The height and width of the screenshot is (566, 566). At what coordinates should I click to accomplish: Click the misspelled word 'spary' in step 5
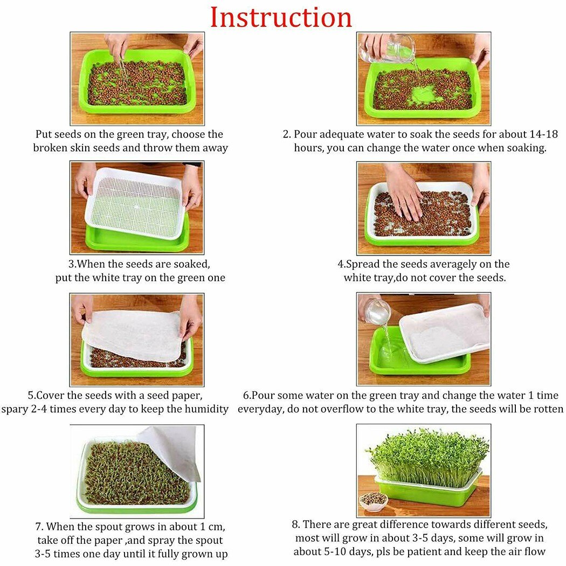tap(15, 409)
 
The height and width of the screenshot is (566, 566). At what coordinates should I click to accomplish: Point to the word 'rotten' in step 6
tap(546, 409)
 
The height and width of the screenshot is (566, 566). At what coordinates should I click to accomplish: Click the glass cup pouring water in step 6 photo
tap(378, 313)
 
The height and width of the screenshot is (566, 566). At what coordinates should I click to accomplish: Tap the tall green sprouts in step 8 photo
tap(426, 455)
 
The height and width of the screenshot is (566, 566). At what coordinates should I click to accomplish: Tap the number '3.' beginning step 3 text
tap(72, 264)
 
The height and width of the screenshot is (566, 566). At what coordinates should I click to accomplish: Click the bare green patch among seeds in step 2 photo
tap(426, 96)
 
